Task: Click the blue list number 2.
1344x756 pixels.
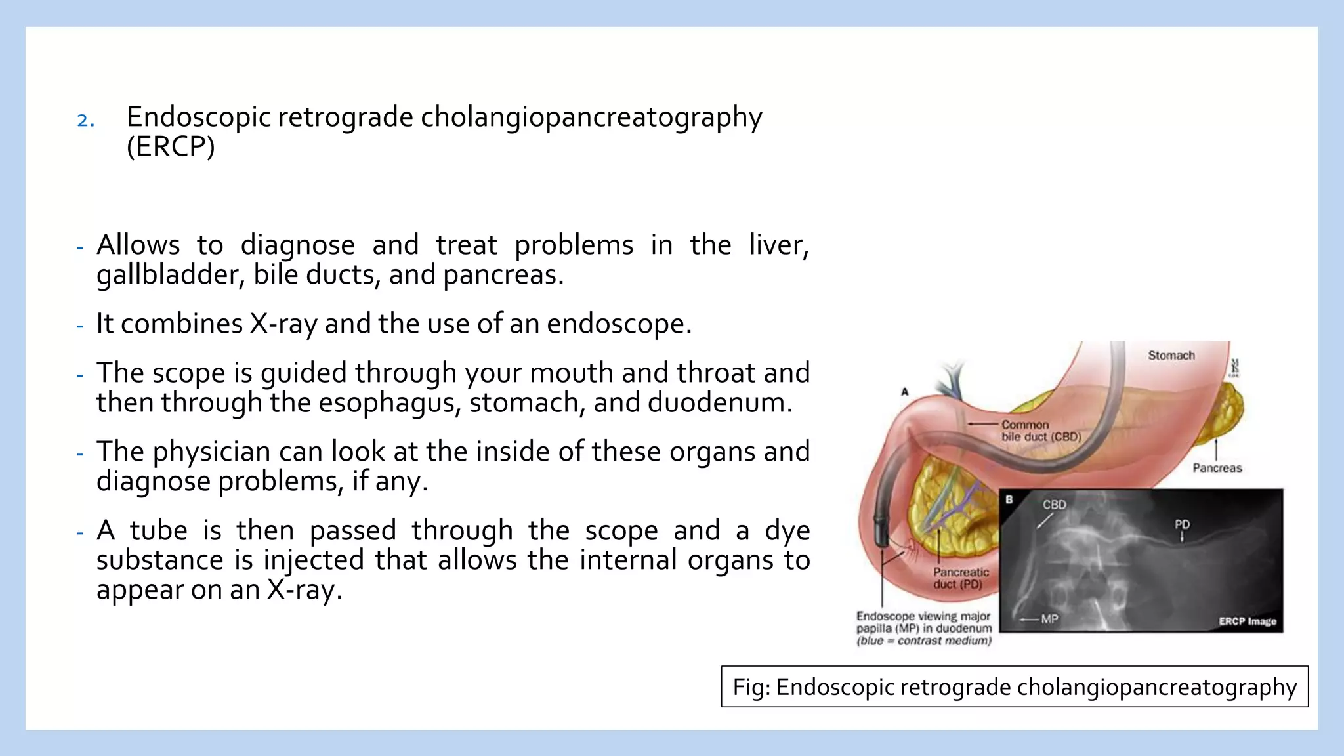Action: pyautogui.click(x=85, y=121)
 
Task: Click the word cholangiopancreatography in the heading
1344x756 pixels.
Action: pyautogui.click(x=591, y=118)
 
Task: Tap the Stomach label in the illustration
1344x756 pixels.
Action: pyautogui.click(x=1171, y=356)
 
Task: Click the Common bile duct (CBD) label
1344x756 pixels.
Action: pyautogui.click(x=1040, y=431)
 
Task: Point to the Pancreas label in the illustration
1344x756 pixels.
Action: pyautogui.click(x=1217, y=468)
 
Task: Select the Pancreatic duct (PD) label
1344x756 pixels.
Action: pyautogui.click(x=960, y=578)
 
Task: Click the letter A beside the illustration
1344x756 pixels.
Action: pyautogui.click(x=904, y=392)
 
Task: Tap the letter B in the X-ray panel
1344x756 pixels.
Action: pyautogui.click(x=1009, y=500)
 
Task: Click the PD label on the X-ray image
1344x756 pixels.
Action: pyautogui.click(x=1182, y=524)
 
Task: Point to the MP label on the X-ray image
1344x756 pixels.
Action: pyautogui.click(x=1049, y=619)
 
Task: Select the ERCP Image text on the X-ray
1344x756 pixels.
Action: pyautogui.click(x=1247, y=621)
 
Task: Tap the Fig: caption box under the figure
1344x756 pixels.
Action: pyautogui.click(x=1014, y=687)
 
